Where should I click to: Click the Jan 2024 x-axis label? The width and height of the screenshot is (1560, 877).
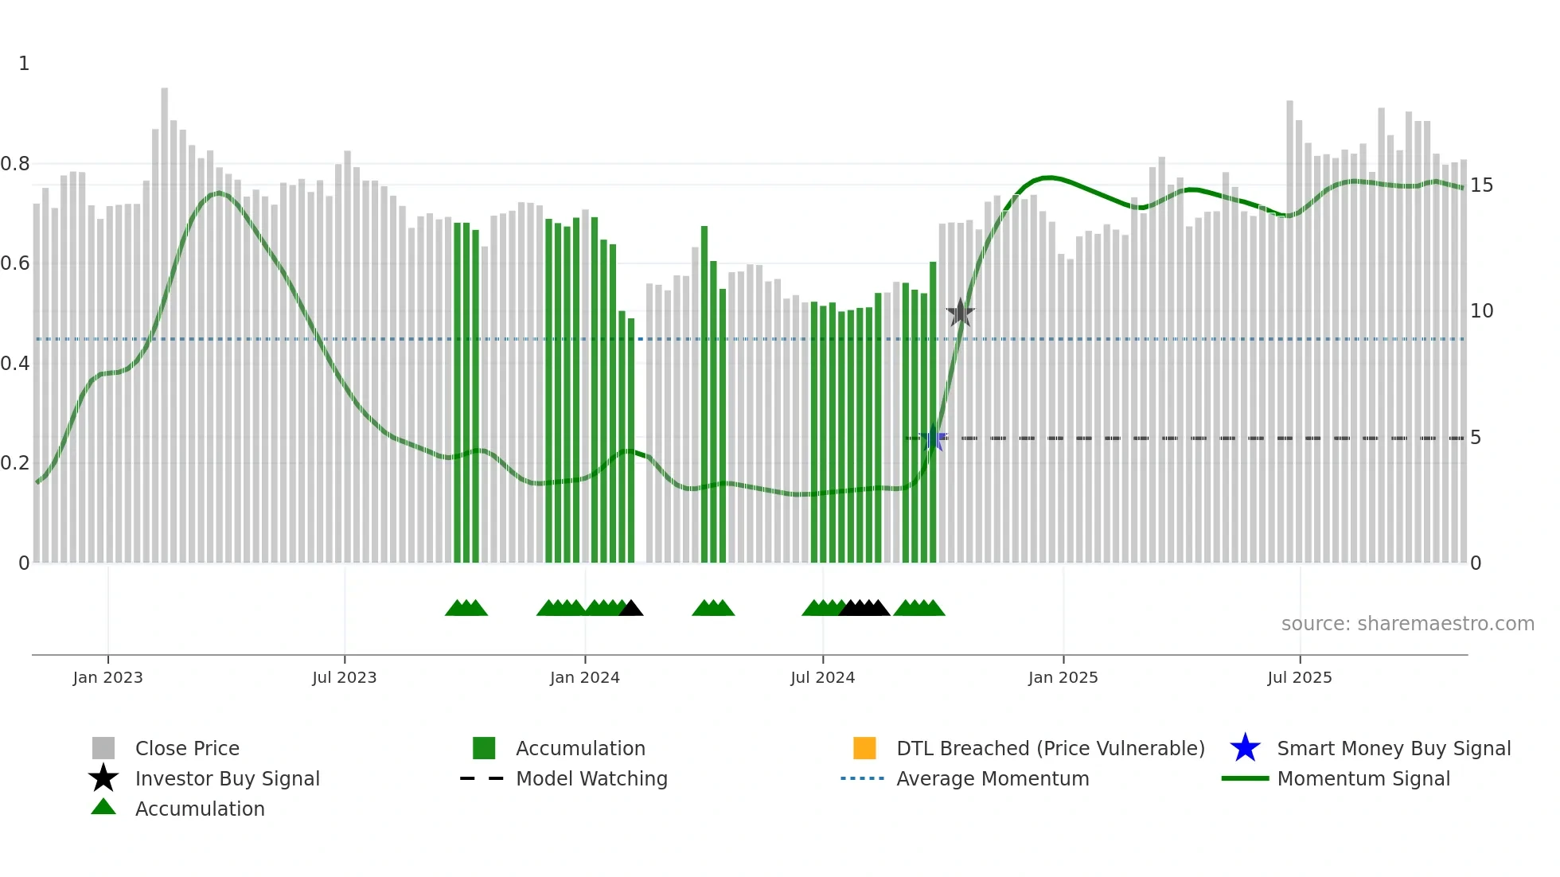(584, 677)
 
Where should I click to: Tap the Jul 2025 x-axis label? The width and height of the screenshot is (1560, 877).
(1299, 677)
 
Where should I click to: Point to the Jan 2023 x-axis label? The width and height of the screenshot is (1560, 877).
(107, 677)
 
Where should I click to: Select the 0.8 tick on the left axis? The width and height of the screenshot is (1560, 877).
(15, 164)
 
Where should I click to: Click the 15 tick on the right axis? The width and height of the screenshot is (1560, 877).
(1481, 185)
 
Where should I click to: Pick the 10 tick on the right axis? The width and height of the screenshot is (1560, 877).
(1481, 311)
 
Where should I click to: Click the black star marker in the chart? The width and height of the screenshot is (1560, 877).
(961, 313)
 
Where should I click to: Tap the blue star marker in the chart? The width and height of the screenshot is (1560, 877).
(933, 438)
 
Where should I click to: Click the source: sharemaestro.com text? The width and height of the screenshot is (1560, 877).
(1407, 624)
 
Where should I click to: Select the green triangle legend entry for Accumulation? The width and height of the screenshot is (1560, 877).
(199, 809)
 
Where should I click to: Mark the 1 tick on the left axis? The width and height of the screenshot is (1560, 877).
(24, 64)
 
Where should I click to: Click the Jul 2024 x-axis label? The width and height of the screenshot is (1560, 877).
(822, 677)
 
